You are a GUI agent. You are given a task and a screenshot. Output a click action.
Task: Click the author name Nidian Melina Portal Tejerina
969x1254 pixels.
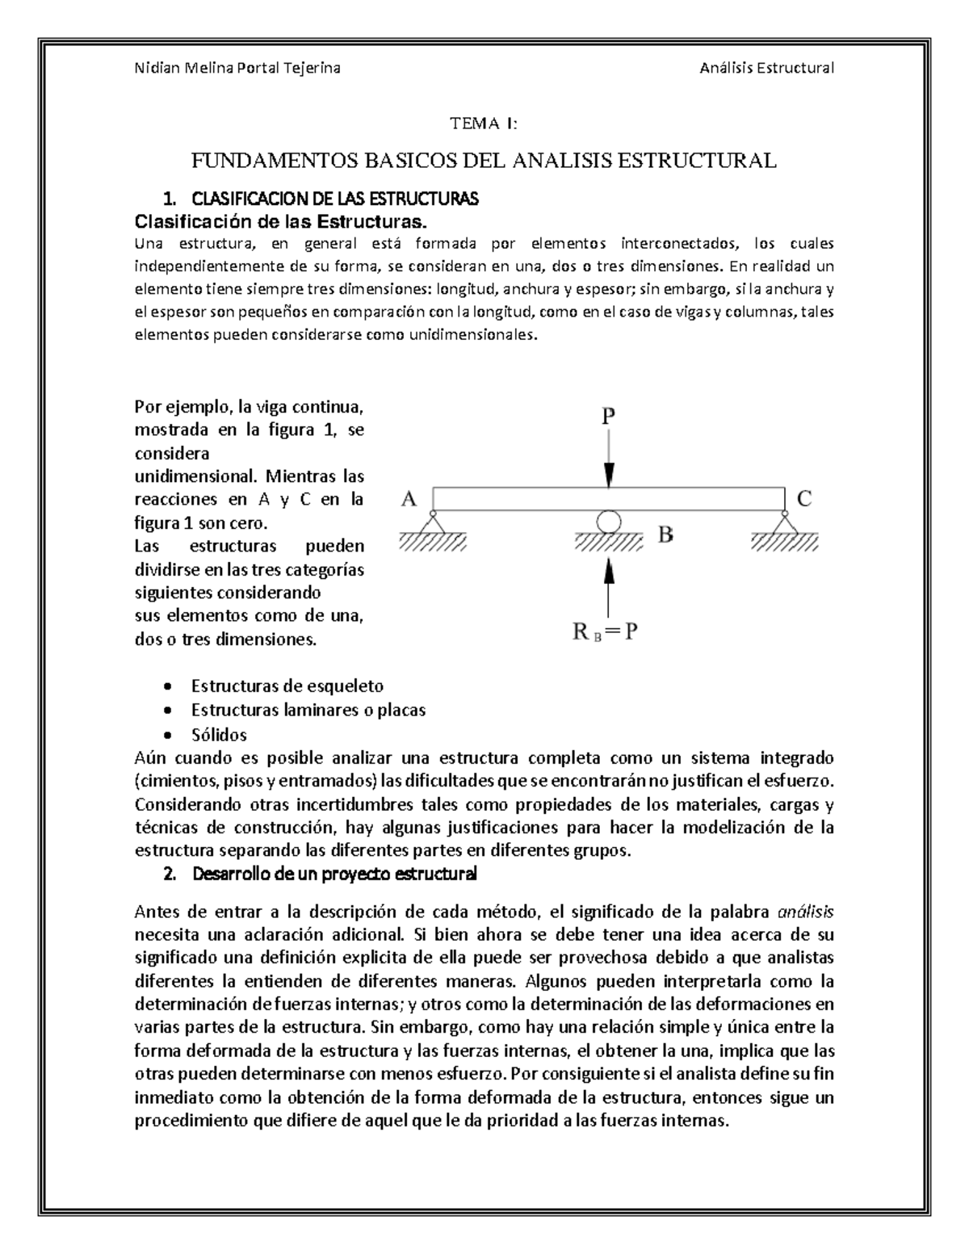(237, 68)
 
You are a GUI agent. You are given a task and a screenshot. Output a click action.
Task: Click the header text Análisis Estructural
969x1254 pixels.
(766, 68)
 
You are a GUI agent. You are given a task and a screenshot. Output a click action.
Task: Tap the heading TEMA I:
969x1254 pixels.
(483, 124)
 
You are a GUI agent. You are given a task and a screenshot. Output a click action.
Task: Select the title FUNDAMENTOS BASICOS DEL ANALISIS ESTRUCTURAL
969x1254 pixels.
(483, 160)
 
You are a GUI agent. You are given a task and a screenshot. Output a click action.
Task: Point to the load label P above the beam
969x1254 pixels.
(608, 417)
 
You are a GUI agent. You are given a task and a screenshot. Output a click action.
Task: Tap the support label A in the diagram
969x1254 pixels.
(409, 500)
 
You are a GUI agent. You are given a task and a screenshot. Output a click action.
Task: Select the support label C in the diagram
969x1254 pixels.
(804, 499)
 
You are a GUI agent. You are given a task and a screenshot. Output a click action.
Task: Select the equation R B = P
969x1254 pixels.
(606, 632)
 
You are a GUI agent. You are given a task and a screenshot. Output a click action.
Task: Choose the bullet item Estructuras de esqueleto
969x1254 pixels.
(287, 686)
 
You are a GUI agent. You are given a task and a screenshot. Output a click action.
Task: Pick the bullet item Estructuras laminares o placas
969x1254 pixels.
(308, 711)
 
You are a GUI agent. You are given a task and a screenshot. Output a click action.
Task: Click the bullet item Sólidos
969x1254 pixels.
(219, 735)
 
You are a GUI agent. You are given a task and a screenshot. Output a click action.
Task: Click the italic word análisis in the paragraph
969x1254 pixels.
(805, 912)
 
